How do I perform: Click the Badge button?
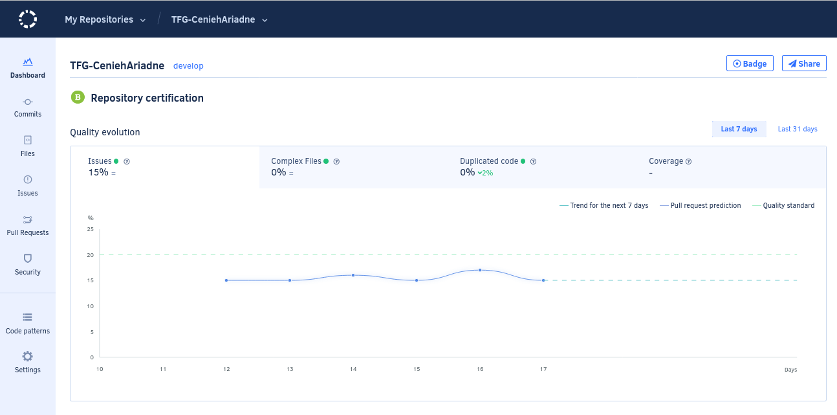pyautogui.click(x=750, y=63)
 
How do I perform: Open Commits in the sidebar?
pyautogui.click(x=28, y=107)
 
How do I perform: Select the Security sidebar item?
pyautogui.click(x=28, y=265)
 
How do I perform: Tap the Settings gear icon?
pyautogui.click(x=28, y=356)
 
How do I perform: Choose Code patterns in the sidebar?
pyautogui.click(x=28, y=324)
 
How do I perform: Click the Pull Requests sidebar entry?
pyautogui.click(x=28, y=226)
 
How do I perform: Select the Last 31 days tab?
pyautogui.click(x=798, y=129)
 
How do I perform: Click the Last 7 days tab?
pyautogui.click(x=739, y=129)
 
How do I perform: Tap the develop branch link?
pyautogui.click(x=188, y=66)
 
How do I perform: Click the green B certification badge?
pyautogui.click(x=78, y=98)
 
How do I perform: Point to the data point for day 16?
pyautogui.click(x=480, y=270)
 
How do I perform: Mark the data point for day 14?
pyautogui.click(x=353, y=275)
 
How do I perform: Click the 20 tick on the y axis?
pyautogui.click(x=90, y=255)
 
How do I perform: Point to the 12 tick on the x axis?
pyautogui.click(x=226, y=369)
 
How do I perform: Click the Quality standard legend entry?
pyautogui.click(x=783, y=206)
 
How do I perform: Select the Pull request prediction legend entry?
pyautogui.click(x=701, y=206)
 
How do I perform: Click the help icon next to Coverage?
pyautogui.click(x=689, y=161)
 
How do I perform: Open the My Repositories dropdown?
pyautogui.click(x=105, y=19)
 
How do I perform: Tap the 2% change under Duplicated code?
pyautogui.click(x=485, y=173)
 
